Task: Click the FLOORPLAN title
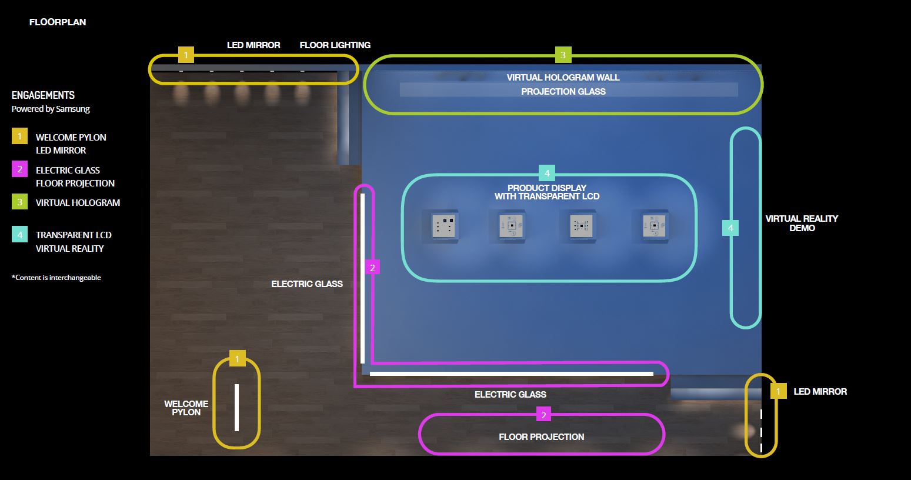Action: (58, 22)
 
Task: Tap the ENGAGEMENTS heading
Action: (43, 95)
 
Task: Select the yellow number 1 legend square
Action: (19, 136)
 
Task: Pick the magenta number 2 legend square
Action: (19, 169)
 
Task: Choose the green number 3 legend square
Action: (19, 202)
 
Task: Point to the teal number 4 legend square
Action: (19, 235)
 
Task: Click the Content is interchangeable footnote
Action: (56, 278)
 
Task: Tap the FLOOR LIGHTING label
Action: (335, 45)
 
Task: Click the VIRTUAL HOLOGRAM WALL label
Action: (563, 78)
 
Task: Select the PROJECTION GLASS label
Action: (563, 92)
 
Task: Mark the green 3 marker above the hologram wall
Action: (563, 55)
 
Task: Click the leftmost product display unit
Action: (444, 226)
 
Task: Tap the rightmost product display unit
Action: (653, 226)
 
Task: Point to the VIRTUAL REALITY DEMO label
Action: (802, 223)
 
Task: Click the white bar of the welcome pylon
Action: (236, 407)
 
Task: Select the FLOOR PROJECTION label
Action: (541, 437)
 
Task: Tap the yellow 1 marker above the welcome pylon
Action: (237, 358)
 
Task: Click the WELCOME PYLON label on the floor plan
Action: (186, 408)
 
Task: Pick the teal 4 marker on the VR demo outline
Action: (730, 228)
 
